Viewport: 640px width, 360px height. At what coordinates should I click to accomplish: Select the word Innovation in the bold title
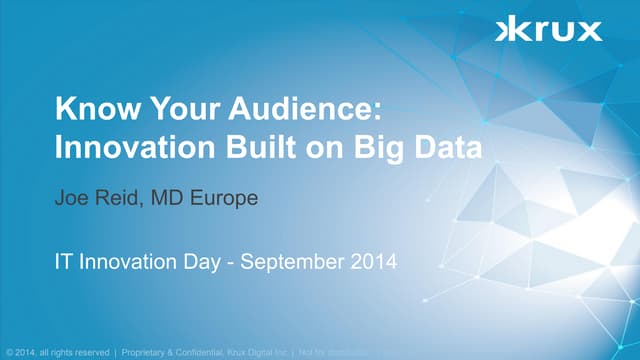(119, 147)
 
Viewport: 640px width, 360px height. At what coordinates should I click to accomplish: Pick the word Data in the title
(446, 147)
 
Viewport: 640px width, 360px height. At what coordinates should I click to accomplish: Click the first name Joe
(72, 199)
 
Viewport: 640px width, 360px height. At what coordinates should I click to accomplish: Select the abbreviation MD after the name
(168, 199)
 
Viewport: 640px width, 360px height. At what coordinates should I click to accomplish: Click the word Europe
(224, 199)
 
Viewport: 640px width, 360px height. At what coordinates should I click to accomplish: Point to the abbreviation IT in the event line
(62, 264)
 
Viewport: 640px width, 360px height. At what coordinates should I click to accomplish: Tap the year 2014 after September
(374, 264)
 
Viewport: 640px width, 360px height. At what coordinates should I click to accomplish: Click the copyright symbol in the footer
(10, 351)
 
